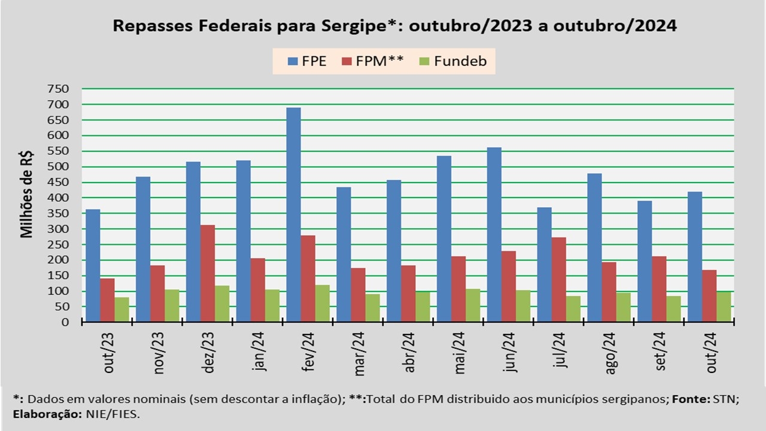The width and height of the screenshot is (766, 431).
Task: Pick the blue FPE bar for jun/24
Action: pyautogui.click(x=494, y=235)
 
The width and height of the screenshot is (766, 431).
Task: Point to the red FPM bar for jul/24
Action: pyautogui.click(x=559, y=280)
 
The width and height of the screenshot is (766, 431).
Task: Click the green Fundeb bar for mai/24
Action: pyautogui.click(x=473, y=305)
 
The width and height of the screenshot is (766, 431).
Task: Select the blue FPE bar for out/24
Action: pyautogui.click(x=695, y=257)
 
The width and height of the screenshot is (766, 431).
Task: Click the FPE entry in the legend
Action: pyautogui.click(x=307, y=61)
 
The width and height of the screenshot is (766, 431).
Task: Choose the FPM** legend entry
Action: pyautogui.click(x=372, y=61)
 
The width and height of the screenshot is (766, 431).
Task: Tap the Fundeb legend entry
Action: pyautogui.click(x=453, y=61)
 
